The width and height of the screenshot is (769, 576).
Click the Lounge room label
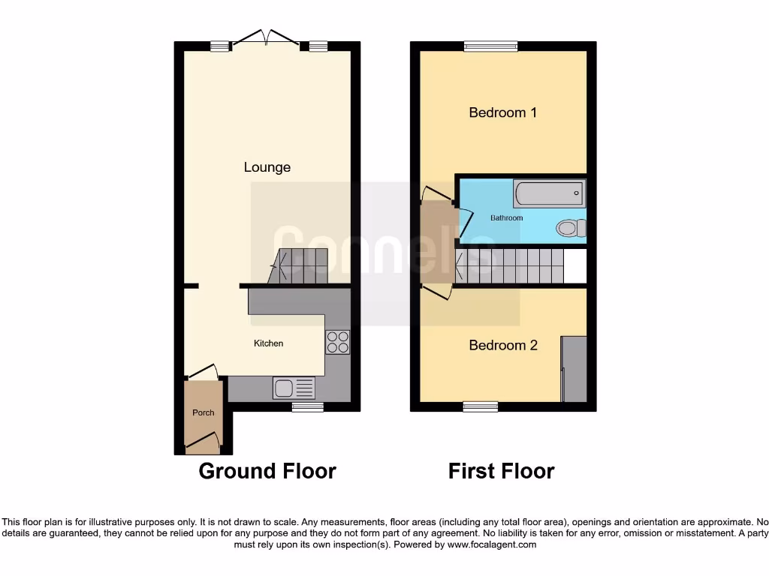(x=267, y=167)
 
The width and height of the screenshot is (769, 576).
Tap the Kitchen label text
(x=268, y=343)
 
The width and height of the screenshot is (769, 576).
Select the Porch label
(x=203, y=412)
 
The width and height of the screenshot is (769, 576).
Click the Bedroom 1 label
(x=502, y=112)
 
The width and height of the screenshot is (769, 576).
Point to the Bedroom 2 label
(x=502, y=346)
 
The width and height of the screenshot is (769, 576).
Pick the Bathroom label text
(x=506, y=218)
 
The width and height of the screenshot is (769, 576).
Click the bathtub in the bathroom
(x=549, y=193)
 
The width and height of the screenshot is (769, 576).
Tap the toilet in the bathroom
(x=572, y=227)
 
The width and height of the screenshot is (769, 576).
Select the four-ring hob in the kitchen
(x=337, y=342)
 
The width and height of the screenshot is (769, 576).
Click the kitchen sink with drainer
(x=294, y=388)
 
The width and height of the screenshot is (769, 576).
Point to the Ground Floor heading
(x=267, y=471)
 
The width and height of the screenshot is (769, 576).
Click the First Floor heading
(x=501, y=471)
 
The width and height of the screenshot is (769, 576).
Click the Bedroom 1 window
(x=490, y=46)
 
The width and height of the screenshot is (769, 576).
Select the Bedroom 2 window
(x=480, y=406)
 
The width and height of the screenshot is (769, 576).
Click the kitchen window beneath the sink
(x=307, y=407)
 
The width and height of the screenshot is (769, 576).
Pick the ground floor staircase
(x=300, y=266)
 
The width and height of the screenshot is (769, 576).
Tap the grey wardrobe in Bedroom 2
(x=574, y=368)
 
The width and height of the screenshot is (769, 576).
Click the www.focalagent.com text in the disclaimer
(x=491, y=544)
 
